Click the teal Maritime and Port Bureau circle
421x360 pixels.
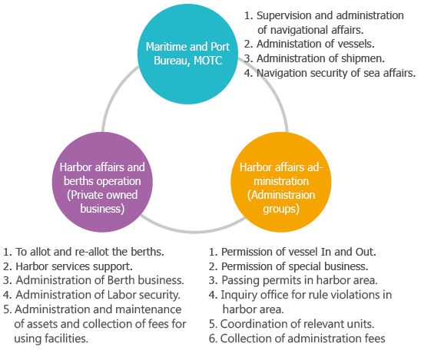187,54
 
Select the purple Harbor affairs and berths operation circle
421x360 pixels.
102,182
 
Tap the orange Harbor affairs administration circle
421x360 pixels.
281,182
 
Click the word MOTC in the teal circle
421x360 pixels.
207,61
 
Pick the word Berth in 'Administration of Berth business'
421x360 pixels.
121,280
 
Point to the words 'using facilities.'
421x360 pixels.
51,339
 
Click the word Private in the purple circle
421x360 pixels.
87,195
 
